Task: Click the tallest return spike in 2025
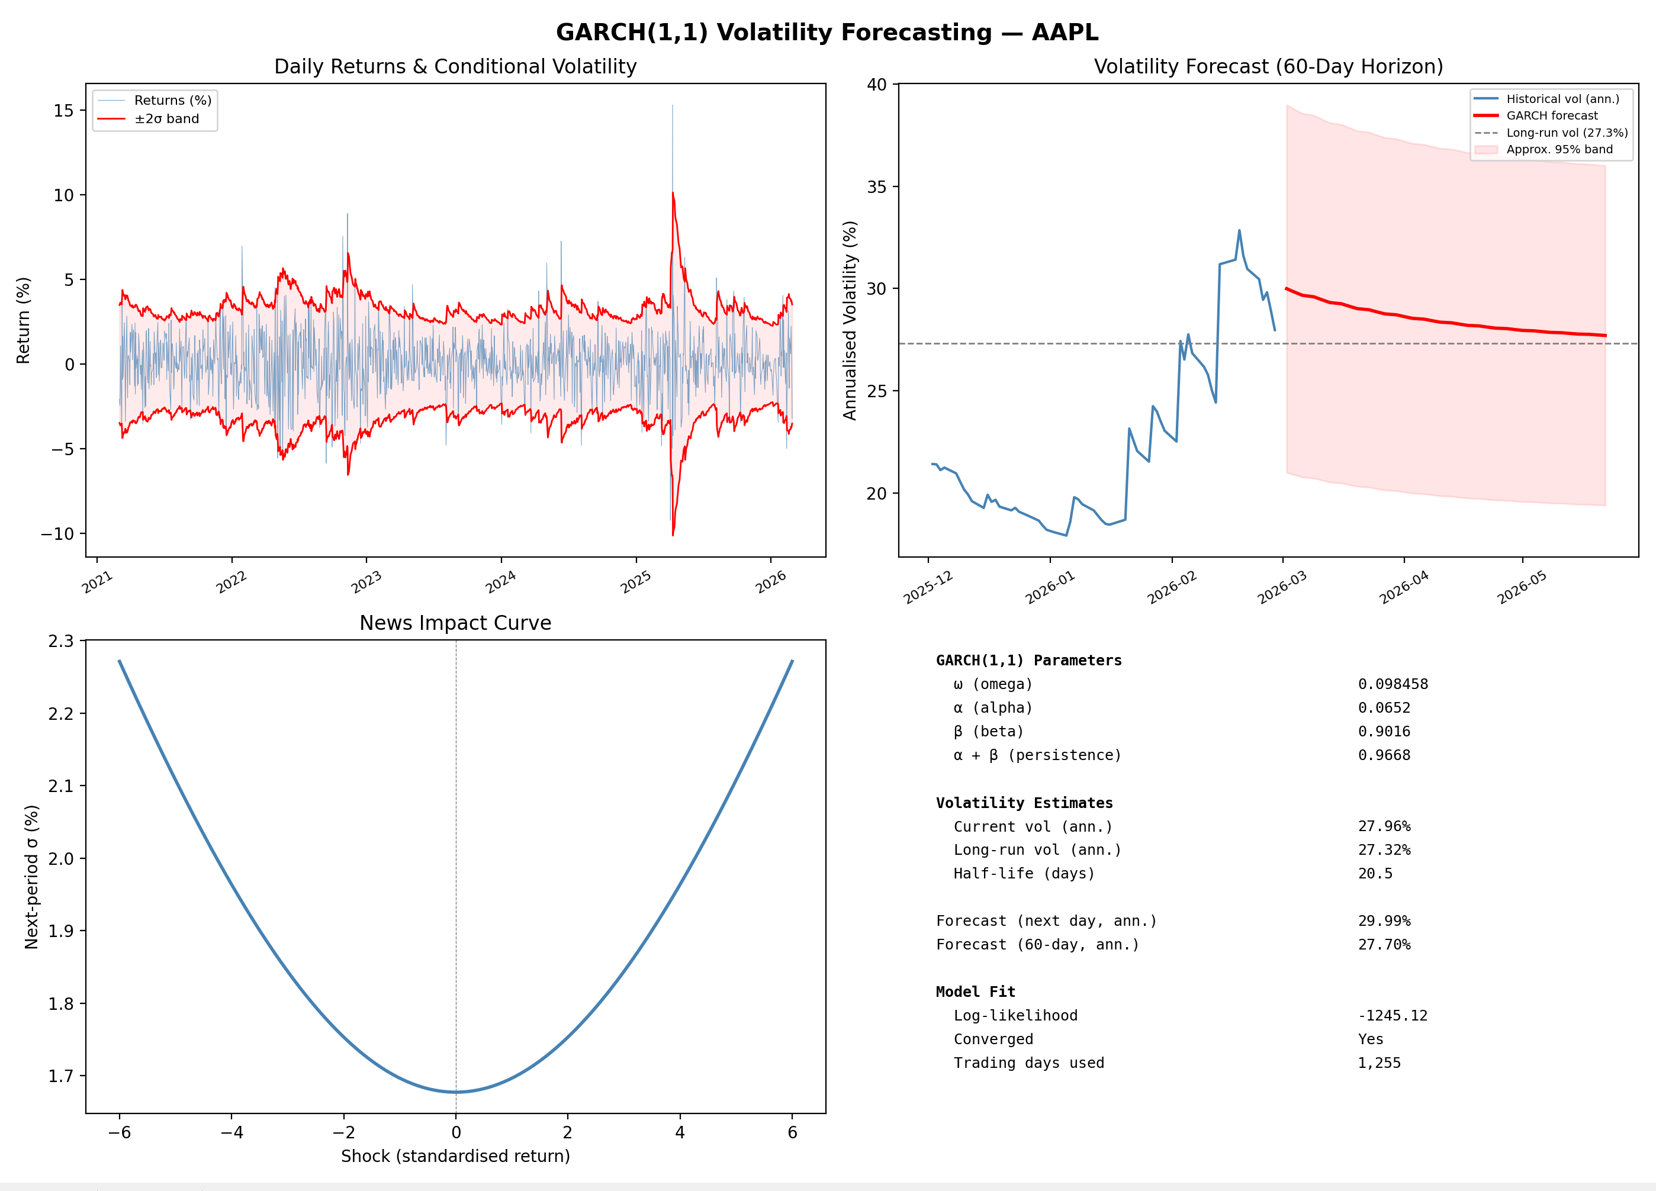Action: (x=673, y=107)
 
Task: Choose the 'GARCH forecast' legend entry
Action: (x=1552, y=115)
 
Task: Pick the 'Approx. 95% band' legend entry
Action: (x=1559, y=149)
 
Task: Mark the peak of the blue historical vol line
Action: (x=1239, y=231)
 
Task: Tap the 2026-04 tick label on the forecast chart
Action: (x=1403, y=588)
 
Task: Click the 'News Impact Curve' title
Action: (x=455, y=623)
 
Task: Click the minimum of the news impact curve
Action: (x=456, y=1092)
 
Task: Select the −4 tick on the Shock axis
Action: (x=231, y=1132)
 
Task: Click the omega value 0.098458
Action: (x=1393, y=684)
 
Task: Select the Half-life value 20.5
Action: (x=1375, y=873)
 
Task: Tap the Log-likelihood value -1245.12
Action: (x=1392, y=1016)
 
